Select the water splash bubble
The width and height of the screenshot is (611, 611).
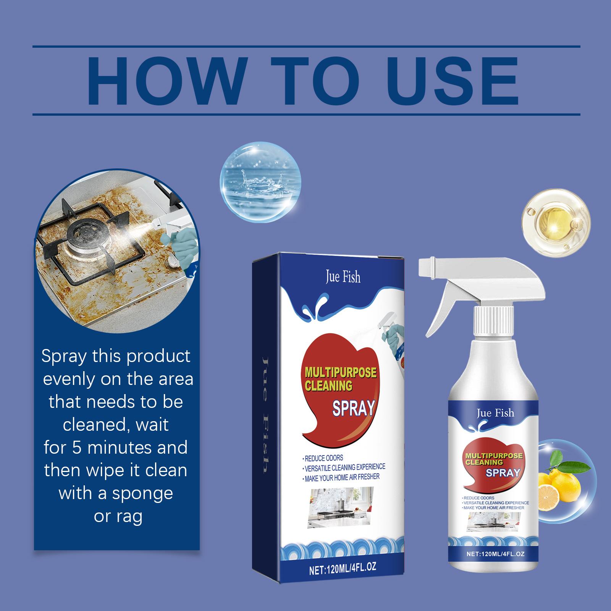(260, 182)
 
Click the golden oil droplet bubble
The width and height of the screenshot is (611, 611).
(555, 219)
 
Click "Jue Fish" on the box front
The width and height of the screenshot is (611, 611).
(343, 277)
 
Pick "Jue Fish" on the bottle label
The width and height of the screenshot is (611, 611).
(495, 413)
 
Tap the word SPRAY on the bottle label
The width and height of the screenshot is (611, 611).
(503, 473)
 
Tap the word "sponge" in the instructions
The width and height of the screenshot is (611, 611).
(142, 493)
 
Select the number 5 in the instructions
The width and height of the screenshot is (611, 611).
(77, 448)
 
